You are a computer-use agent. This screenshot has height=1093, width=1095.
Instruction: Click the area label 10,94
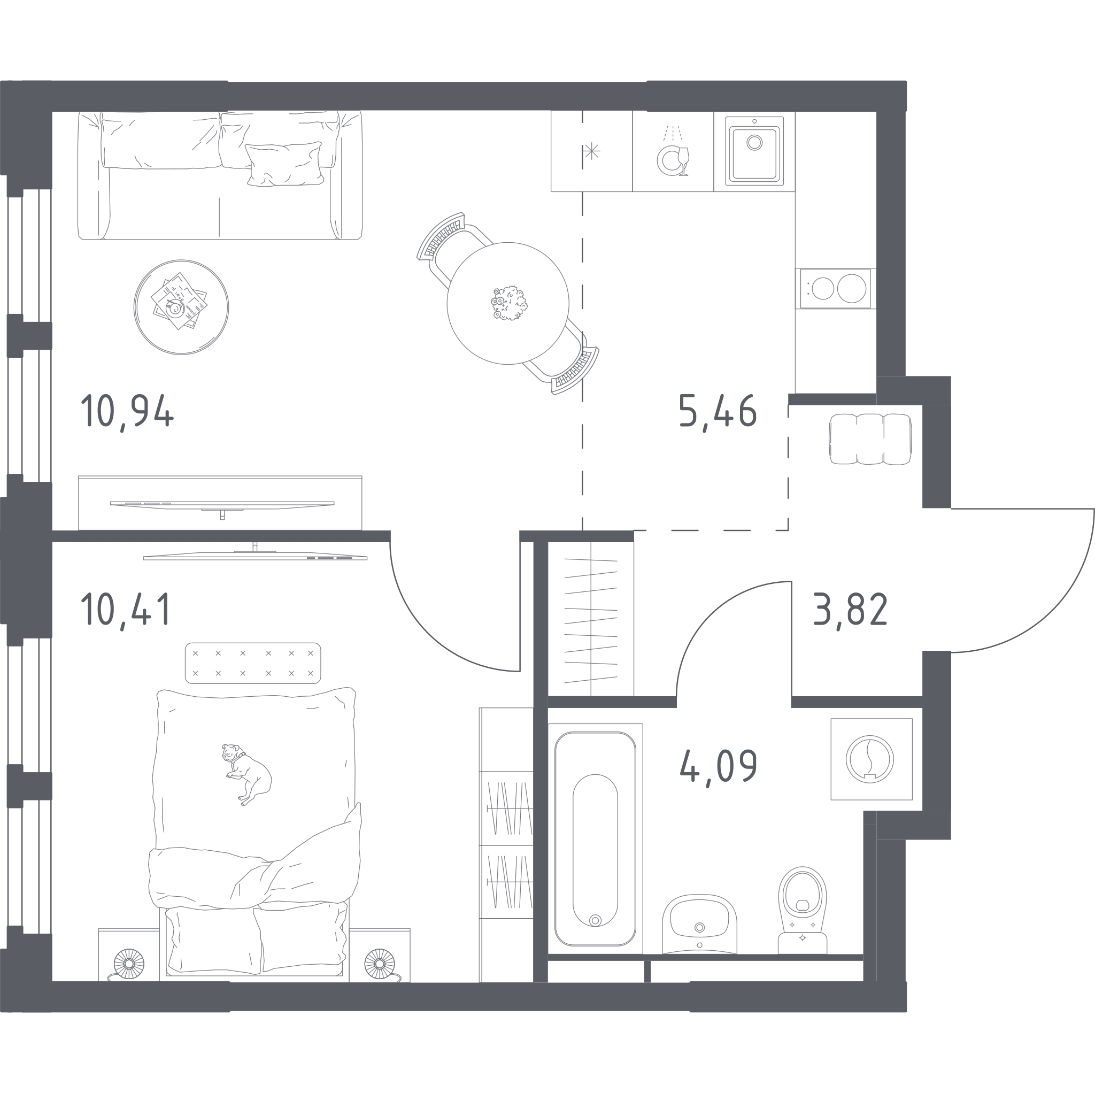pos(127,411)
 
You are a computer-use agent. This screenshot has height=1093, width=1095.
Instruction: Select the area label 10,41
pos(126,609)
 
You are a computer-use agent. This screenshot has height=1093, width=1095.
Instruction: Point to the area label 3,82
pos(850,609)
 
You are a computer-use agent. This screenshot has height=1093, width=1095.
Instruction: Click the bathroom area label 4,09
pos(718,765)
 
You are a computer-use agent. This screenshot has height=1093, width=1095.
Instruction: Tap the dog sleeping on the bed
pos(246,774)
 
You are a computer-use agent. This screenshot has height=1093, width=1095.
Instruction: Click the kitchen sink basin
pos(754,151)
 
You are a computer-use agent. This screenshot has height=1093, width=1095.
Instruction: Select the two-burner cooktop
pos(836,289)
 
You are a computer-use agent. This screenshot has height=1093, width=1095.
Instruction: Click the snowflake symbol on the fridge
pos(592,151)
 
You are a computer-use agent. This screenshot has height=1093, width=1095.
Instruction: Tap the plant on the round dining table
pos(509,303)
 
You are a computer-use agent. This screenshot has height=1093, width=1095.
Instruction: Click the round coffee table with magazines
pos(181,307)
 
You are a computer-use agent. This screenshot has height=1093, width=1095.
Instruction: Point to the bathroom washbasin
pos(699,924)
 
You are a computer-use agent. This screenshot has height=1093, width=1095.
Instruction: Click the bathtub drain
pos(595,921)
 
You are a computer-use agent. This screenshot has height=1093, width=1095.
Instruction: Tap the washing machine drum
pos(869,759)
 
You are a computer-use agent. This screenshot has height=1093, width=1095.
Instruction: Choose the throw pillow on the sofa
pos(284,164)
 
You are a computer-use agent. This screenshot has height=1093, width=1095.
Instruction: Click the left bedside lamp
pos(129,964)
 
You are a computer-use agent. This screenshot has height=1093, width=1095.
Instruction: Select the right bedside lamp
pos(379,964)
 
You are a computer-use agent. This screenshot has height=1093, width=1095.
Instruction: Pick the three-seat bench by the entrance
pos(870,440)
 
